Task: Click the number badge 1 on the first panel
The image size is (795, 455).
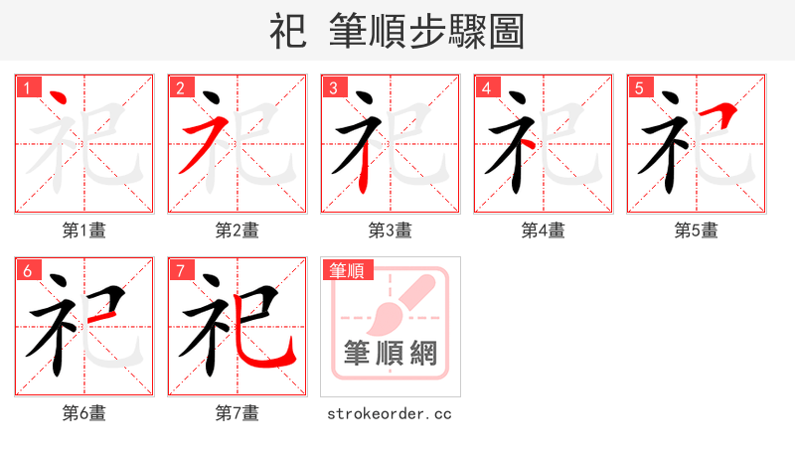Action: click(x=27, y=87)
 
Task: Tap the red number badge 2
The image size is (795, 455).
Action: click(x=180, y=87)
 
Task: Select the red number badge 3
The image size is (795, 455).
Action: click(x=333, y=87)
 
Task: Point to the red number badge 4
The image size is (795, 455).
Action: click(x=486, y=87)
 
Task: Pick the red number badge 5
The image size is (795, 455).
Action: click(x=639, y=87)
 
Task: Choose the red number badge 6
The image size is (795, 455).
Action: click(x=27, y=270)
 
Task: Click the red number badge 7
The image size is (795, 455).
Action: click(x=180, y=270)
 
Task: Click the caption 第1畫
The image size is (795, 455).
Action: click(x=84, y=230)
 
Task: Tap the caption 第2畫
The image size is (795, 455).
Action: click(x=238, y=230)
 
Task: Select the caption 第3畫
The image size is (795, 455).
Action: click(x=391, y=230)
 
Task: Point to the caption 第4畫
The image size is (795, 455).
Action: click(x=544, y=230)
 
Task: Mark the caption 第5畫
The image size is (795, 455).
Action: click(x=697, y=230)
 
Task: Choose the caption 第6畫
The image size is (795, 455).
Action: click(x=84, y=413)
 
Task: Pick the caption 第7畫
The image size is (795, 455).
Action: click(x=238, y=413)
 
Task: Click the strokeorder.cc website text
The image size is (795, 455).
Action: click(x=390, y=413)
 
